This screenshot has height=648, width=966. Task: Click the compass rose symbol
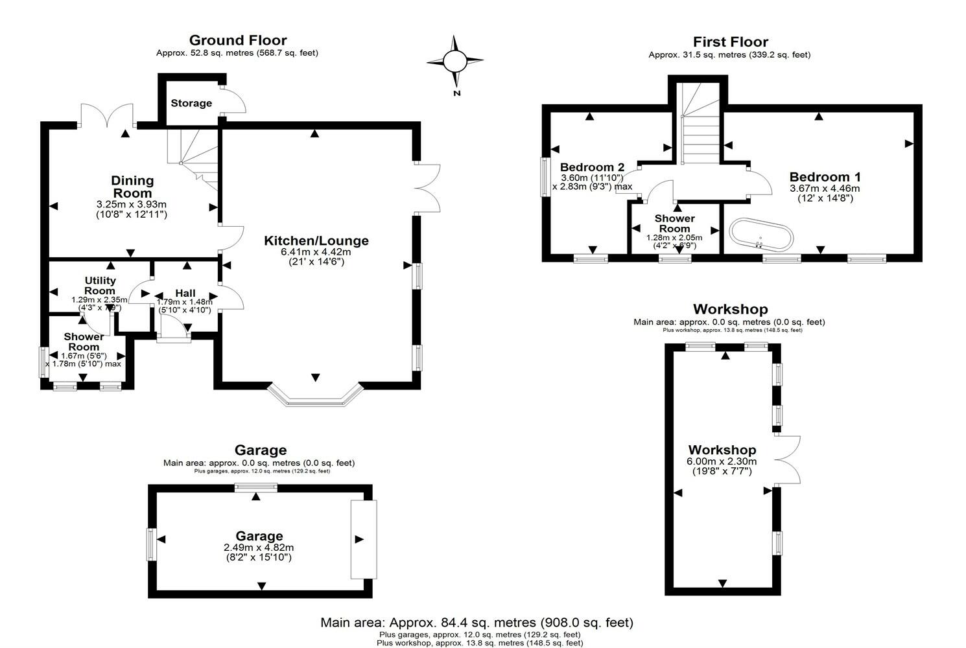pos(454,62)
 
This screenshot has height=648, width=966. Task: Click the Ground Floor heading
pos(238,41)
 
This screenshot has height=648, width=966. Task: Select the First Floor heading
pos(730,42)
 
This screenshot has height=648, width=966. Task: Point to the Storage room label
pos(191,103)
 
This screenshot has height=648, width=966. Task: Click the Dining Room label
pos(132,187)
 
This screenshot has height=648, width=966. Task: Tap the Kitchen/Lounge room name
pos(316,241)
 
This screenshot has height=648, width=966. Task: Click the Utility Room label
pos(100,285)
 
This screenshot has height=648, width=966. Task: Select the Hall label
pos(185,294)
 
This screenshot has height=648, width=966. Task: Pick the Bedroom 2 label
pos(592,166)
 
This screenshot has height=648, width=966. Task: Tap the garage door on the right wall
pos(363,539)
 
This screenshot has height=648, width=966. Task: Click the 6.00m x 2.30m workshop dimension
pos(722,462)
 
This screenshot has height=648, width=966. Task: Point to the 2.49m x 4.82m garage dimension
pos(259,548)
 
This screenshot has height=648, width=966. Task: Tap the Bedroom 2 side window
pos(545,176)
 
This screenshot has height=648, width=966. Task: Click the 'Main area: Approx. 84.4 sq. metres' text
pos(477,623)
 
